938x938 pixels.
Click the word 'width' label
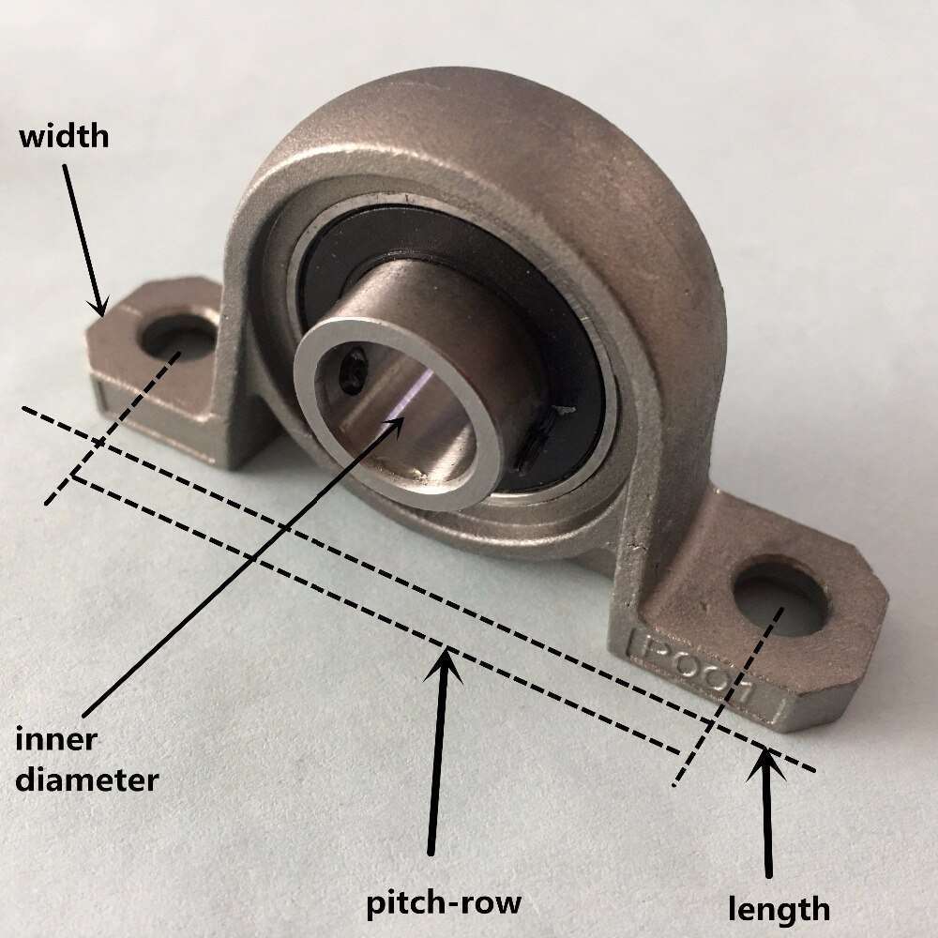point(65,137)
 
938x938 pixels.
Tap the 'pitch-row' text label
point(443,904)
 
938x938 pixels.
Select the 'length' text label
point(779,908)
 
